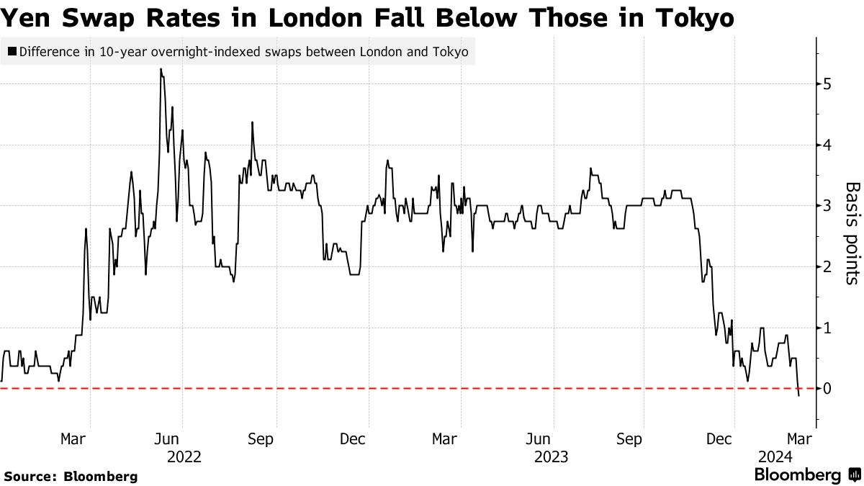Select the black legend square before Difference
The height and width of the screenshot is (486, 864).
click(12, 52)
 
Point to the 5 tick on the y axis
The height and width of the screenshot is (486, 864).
click(827, 84)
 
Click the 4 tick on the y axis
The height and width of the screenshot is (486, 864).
click(827, 145)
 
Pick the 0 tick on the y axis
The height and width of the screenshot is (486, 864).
click(827, 390)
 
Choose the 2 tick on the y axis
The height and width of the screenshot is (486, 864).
click(827, 267)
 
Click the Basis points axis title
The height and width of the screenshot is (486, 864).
click(852, 233)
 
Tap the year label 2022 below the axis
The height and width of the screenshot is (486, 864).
click(184, 456)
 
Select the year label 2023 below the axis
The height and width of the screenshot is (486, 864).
click(552, 456)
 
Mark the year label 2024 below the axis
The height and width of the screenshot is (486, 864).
click(775, 456)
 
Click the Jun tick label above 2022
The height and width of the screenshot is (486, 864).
click(167, 439)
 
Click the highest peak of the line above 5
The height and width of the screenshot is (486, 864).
click(161, 69)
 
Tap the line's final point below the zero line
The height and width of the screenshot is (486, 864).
click(798, 396)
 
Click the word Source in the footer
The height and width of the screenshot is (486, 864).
click(30, 476)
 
